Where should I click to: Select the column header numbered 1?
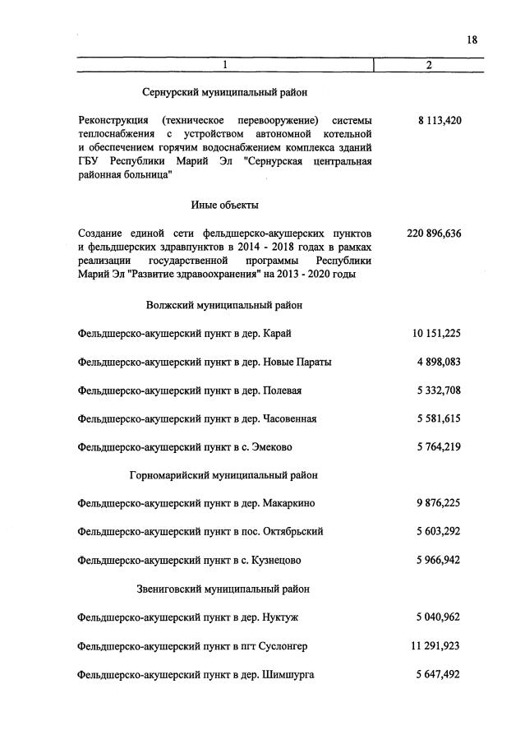[x=224, y=65]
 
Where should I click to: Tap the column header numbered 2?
[x=428, y=65]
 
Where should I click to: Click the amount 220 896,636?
[x=434, y=233]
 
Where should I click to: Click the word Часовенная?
[x=290, y=418]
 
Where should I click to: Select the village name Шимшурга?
[x=288, y=675]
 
